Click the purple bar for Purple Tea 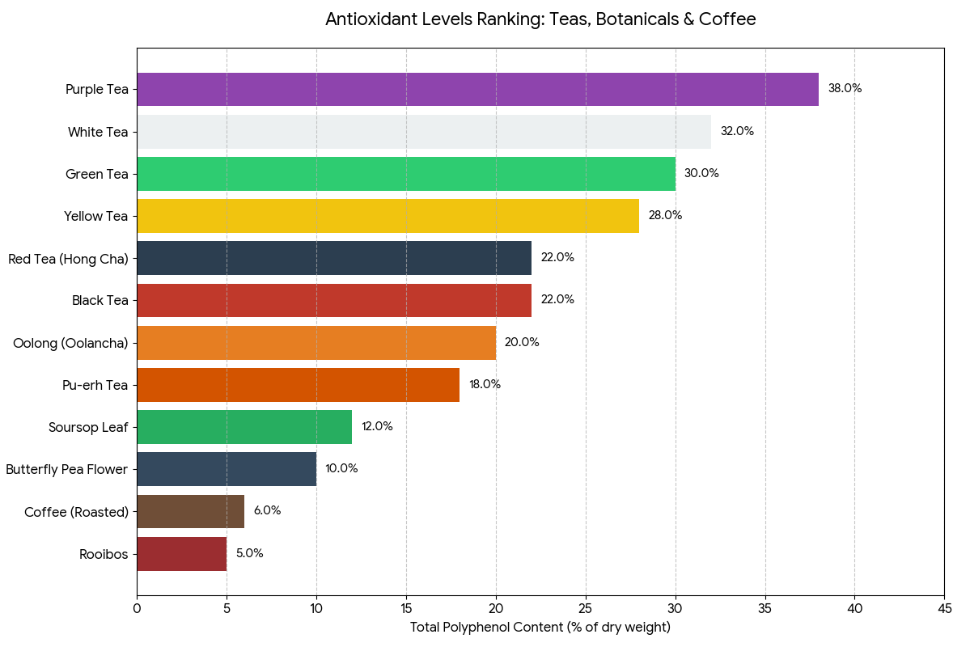tap(477, 89)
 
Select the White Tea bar tap(424, 131)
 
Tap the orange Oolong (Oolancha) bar tap(316, 342)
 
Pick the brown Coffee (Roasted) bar tap(190, 511)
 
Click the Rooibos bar tap(181, 554)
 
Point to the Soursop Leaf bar tap(244, 427)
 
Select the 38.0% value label tap(845, 89)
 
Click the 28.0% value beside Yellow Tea tap(665, 215)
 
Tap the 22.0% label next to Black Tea tap(557, 299)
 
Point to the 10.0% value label tap(341, 468)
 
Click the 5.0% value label tap(249, 554)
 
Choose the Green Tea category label tap(97, 173)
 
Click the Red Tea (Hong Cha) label tap(68, 258)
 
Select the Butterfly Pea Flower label tap(67, 469)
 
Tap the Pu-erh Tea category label tap(95, 385)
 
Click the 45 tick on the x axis tap(944, 608)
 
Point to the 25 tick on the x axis tap(586, 608)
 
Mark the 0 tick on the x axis tap(137, 608)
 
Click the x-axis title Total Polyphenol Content tap(540, 628)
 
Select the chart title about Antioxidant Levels tap(540, 19)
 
